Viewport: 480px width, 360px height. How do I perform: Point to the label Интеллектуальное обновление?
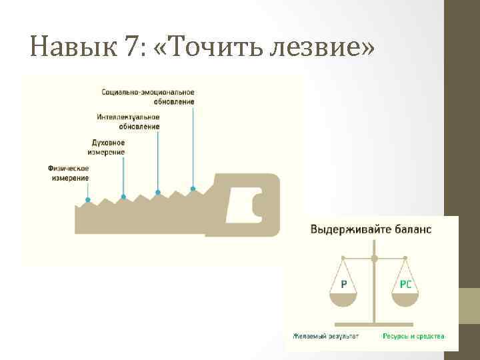(128, 121)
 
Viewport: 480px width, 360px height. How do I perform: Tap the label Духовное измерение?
(107, 147)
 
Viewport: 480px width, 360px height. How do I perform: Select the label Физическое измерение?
(69, 173)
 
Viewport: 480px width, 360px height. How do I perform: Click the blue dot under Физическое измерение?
(88, 199)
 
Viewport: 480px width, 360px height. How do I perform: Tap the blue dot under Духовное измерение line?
(123, 197)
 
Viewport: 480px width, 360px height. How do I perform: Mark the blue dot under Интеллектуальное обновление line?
(158, 193)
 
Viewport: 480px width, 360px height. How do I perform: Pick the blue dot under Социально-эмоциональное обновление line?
(193, 189)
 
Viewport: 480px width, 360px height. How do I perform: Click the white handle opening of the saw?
(243, 204)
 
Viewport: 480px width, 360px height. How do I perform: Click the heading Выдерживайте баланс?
(371, 229)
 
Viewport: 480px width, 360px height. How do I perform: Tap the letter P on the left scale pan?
(343, 284)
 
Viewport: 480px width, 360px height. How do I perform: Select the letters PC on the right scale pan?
(405, 284)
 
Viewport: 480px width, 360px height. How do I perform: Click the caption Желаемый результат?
(325, 336)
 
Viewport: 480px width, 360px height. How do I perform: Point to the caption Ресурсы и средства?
(413, 336)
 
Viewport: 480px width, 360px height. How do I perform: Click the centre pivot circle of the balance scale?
(375, 257)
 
